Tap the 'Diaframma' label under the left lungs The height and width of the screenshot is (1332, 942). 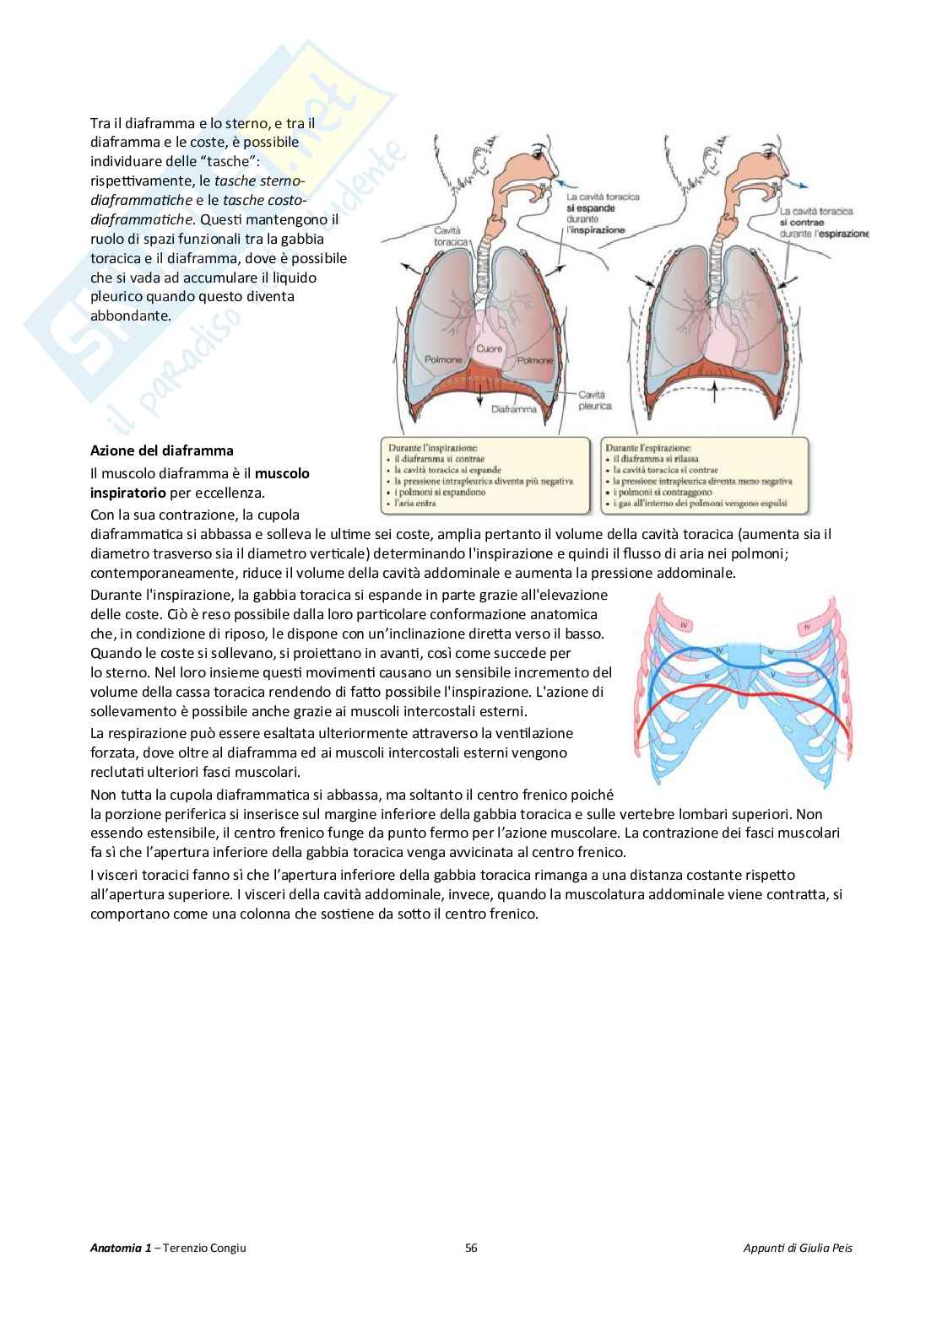513,409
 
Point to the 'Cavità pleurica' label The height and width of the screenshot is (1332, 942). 595,399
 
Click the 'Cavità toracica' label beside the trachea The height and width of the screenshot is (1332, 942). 452,235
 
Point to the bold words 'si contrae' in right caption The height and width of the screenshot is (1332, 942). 805,223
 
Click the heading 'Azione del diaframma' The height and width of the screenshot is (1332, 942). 162,450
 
